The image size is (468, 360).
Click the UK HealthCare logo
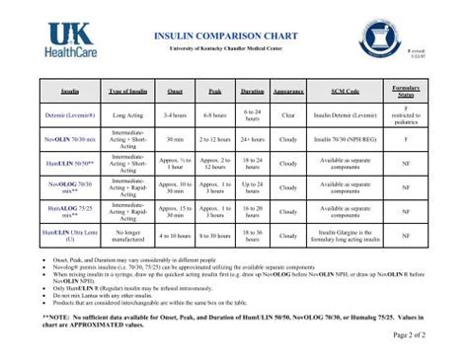[x=71, y=36]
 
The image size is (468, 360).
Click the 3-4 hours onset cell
[x=176, y=114]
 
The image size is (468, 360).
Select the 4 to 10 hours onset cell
[x=176, y=235]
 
